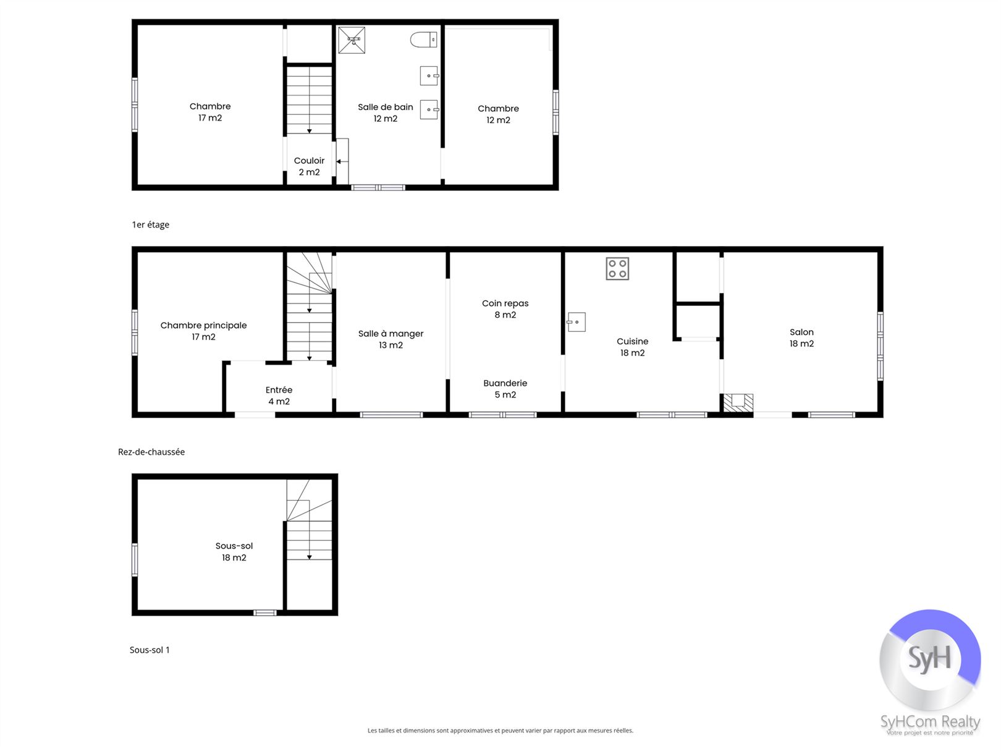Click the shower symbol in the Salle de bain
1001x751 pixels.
click(352, 40)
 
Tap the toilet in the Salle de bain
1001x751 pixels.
click(424, 40)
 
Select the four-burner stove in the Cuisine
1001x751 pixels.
click(617, 269)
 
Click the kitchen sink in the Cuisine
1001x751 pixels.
click(577, 322)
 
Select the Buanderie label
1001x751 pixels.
click(505, 383)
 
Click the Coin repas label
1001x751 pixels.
click(505, 303)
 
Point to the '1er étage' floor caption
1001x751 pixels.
click(151, 224)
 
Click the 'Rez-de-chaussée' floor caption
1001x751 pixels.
click(151, 452)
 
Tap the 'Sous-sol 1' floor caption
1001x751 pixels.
click(150, 650)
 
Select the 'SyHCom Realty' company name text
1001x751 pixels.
click(931, 722)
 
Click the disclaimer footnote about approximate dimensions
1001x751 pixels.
click(500, 731)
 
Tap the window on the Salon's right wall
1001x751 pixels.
click(880, 346)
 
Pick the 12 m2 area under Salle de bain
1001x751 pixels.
click(386, 119)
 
